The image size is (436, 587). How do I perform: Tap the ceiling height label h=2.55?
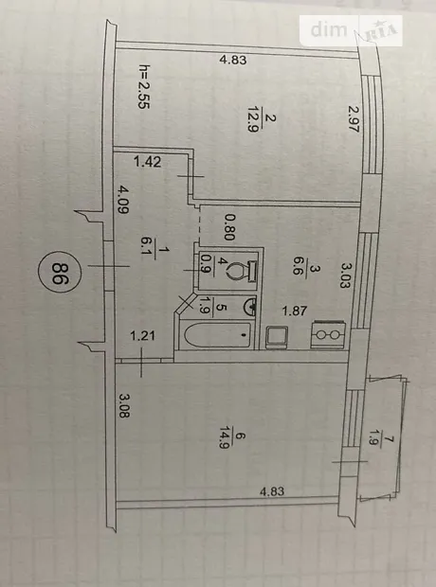click(144, 86)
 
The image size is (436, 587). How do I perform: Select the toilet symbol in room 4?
click(242, 270)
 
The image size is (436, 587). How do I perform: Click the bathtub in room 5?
click(217, 335)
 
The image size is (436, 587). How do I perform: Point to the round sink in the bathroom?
click(250, 307)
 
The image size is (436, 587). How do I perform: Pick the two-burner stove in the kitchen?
click(328, 334)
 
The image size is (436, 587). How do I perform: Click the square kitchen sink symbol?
click(277, 337)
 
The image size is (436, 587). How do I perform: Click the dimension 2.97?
click(354, 118)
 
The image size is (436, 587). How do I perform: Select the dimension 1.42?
click(148, 162)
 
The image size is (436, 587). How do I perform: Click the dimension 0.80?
click(229, 227)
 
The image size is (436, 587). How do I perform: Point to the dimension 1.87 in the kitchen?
click(295, 311)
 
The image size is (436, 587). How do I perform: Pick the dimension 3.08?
click(125, 405)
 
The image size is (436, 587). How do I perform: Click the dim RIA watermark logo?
click(351, 30)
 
